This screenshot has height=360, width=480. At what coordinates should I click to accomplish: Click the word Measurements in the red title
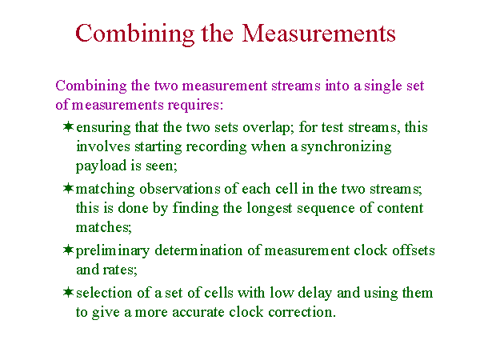click(x=318, y=33)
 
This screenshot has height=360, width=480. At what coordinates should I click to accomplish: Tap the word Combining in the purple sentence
click(x=91, y=86)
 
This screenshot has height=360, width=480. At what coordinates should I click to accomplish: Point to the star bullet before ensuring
click(x=68, y=126)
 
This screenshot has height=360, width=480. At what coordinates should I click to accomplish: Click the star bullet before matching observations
click(x=68, y=188)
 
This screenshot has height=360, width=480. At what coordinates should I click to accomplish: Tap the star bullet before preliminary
click(x=68, y=250)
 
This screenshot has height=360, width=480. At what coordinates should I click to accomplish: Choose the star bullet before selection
click(x=68, y=292)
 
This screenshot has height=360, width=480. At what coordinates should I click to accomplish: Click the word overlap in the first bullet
click(x=267, y=128)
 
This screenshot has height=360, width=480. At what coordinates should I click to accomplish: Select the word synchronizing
click(x=346, y=147)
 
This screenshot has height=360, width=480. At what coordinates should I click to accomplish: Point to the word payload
click(x=101, y=166)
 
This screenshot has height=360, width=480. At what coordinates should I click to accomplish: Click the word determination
click(x=198, y=250)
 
